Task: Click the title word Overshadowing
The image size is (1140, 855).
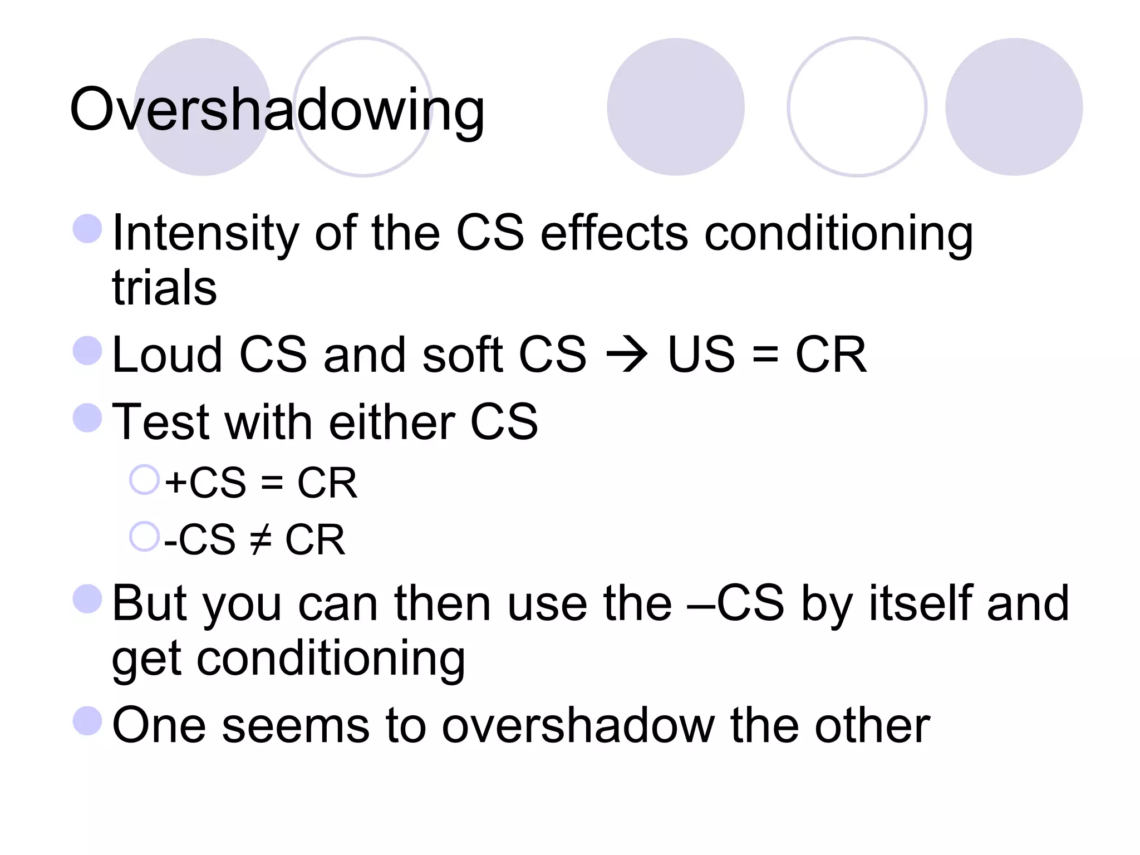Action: point(277,110)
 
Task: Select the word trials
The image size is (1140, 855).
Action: point(164,288)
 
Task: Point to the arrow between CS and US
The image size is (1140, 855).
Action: point(626,355)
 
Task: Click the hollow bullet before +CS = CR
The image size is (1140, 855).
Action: point(144,480)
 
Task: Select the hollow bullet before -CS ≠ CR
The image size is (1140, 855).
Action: point(144,537)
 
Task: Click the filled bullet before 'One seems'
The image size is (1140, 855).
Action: point(87,721)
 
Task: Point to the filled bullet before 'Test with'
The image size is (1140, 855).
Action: point(87,418)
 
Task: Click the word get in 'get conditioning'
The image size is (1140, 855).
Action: point(146,660)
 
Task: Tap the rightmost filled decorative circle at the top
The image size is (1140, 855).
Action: point(1014,107)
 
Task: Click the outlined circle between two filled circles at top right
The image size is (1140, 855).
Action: point(857,107)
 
